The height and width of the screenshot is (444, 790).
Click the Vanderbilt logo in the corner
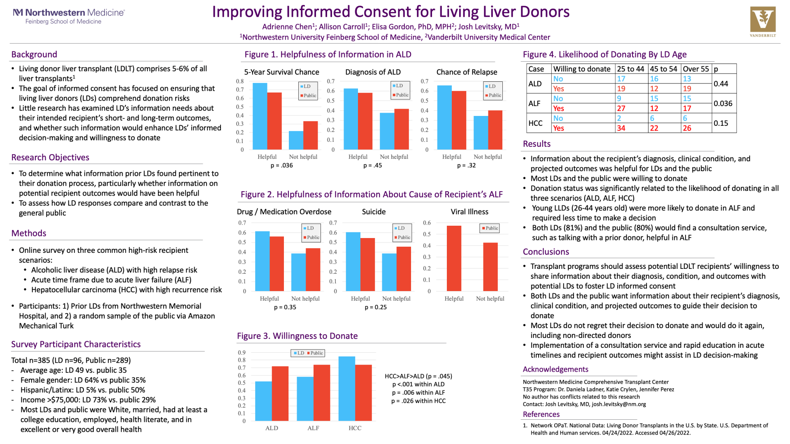pos(763,21)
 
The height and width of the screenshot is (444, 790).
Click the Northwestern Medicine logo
pos(69,16)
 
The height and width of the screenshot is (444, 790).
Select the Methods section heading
pos(29,233)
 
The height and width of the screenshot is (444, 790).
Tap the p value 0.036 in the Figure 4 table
pos(723,104)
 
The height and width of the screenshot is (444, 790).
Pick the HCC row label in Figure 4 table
pos(535,123)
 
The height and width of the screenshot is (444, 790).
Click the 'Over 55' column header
pos(696,69)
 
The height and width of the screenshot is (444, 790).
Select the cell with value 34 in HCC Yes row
pos(621,128)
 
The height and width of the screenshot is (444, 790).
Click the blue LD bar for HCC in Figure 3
pos(346,388)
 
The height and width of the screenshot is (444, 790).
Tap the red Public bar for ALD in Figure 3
pos(280,393)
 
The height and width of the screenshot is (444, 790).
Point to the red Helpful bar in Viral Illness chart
pos(454,258)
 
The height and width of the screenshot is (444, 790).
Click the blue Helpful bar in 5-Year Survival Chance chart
pos(260,116)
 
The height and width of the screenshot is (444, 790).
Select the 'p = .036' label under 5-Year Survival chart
pos(282,166)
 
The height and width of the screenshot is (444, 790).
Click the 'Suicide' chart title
pos(374,212)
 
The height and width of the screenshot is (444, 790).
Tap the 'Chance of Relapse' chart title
pos(467,72)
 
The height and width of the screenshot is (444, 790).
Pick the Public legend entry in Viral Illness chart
pos(490,228)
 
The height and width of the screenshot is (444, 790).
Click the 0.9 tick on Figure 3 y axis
pos(242,353)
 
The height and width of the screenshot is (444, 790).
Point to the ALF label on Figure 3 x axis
pos(313,428)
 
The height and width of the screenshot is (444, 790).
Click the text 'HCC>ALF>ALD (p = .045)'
pos(418,376)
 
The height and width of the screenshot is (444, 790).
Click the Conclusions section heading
pos(546,252)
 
